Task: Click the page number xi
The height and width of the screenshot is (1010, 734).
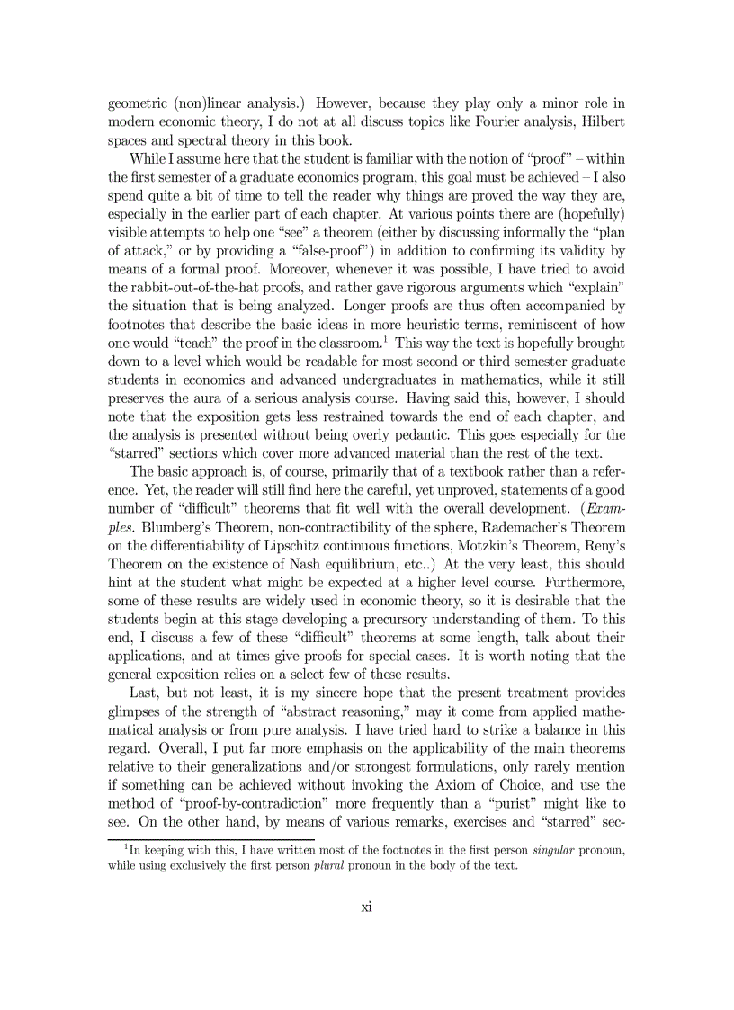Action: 366,906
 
